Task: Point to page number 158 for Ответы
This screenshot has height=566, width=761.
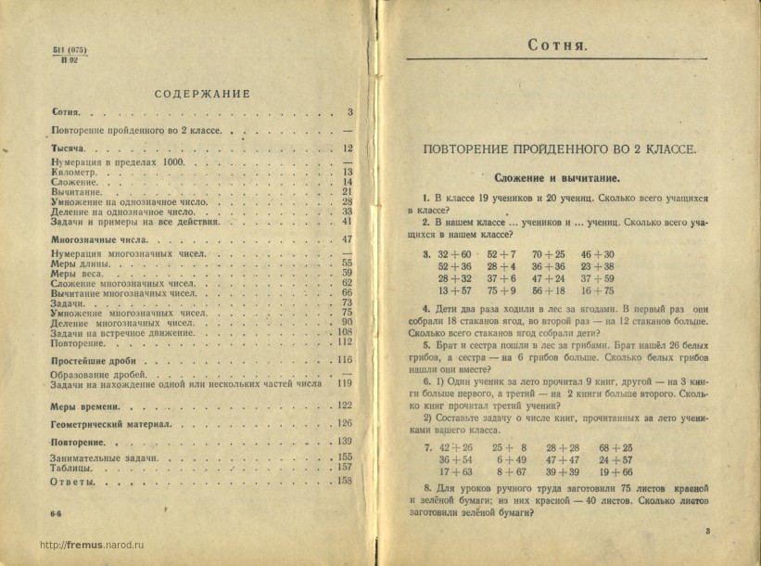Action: point(346,482)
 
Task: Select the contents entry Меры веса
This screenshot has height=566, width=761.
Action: point(76,274)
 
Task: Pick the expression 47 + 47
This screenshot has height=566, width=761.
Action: point(563,459)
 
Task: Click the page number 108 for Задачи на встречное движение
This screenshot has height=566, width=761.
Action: point(346,332)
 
